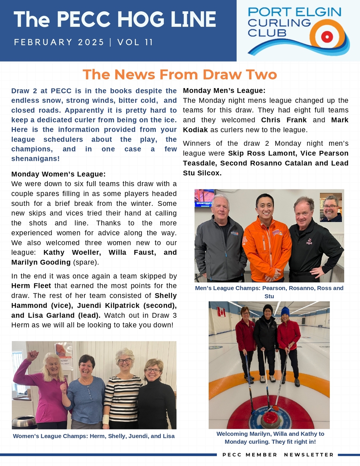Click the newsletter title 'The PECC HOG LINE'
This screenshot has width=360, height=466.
coord(115,20)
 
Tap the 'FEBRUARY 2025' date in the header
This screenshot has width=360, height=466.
coord(59,42)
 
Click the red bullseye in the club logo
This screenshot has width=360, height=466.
coord(327,37)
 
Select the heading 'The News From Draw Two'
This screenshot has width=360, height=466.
coord(180,75)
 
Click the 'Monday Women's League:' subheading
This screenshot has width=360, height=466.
coord(58,174)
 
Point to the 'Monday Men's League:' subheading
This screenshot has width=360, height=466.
coord(224,91)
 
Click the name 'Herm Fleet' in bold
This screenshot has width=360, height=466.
coord(31,286)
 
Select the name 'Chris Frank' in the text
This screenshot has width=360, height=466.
coord(284,120)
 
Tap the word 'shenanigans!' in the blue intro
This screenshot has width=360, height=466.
coord(35,159)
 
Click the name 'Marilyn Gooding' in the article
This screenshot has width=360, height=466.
coord(41,262)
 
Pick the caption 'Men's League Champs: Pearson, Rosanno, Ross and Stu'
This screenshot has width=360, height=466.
coord(269,292)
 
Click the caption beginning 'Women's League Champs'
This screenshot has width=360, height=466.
coord(94,436)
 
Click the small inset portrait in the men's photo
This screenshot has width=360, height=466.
coord(331,207)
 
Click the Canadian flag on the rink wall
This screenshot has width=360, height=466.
coord(221,312)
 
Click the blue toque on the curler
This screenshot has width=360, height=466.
coord(285,311)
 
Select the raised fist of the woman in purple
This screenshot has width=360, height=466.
coord(34,355)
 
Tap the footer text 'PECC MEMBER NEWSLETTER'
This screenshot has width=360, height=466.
coord(278,455)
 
